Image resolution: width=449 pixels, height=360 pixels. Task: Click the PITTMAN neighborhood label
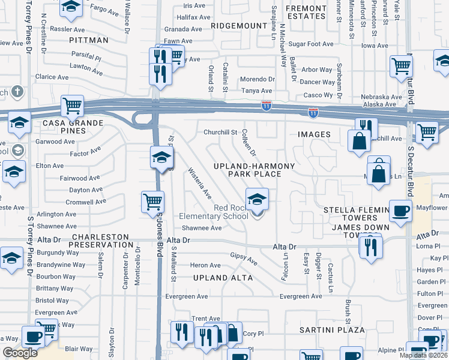pyautogui.click(x=89, y=40)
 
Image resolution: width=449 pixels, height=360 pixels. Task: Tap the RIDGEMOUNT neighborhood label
pyautogui.click(x=238, y=26)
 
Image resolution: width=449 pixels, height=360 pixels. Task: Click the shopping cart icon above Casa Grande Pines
pyautogui.click(x=72, y=107)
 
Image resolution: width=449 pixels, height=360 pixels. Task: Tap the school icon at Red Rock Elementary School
pyautogui.click(x=256, y=199)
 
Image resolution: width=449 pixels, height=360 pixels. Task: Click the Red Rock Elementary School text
pyautogui.click(x=213, y=212)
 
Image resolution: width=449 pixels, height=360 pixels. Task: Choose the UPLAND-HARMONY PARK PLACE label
pyautogui.click(x=254, y=170)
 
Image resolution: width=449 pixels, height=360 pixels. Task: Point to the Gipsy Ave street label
pyautogui.click(x=244, y=259)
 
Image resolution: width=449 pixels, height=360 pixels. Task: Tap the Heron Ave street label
pyautogui.click(x=205, y=265)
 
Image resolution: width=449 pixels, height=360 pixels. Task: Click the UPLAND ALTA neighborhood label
pyautogui.click(x=223, y=278)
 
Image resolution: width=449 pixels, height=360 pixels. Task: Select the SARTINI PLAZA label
pyautogui.click(x=332, y=330)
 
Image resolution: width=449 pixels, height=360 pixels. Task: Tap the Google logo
pyautogui.click(x=20, y=353)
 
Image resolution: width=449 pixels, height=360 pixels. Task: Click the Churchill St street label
pyautogui.click(x=221, y=132)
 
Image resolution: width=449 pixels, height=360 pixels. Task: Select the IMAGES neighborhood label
pyautogui.click(x=314, y=134)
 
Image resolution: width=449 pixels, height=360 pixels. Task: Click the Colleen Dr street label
pyautogui.click(x=249, y=144)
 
